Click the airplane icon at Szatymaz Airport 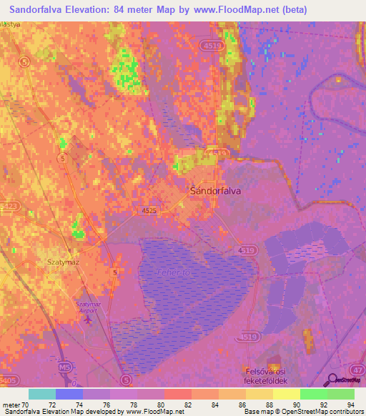pos(87,319)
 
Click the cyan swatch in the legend pos(42,394)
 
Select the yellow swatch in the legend pos(286,394)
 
